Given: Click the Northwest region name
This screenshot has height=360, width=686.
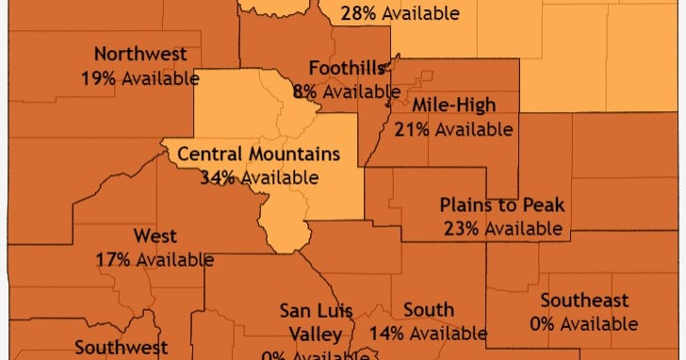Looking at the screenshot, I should point(140,55).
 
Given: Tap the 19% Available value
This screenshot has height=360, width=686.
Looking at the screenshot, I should point(140,77).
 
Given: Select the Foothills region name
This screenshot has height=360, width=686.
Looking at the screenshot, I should point(346,69).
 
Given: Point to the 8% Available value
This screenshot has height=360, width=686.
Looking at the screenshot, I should point(347,91).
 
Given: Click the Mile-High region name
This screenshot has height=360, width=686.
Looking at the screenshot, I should point(454,106).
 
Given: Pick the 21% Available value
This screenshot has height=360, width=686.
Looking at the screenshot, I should point(454,128).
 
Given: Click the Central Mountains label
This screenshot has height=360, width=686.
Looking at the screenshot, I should point(258,154).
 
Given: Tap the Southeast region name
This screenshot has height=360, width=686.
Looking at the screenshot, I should point(584,302).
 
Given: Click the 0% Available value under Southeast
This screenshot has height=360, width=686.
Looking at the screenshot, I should point(584,324).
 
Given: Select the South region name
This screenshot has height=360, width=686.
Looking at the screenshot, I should point(429,310).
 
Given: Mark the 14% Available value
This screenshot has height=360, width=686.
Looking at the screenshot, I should point(429,333).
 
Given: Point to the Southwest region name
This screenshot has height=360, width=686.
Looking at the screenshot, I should point(121,347).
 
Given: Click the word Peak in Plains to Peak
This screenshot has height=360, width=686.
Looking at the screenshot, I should point(543,205).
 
